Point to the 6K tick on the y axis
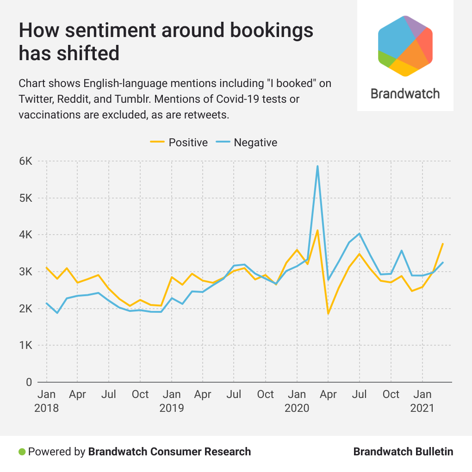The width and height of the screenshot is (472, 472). click(26, 161)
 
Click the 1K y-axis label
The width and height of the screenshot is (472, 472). click(26, 345)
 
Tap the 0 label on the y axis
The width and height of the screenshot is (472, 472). click(29, 382)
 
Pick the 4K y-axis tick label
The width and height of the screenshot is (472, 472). click(26, 235)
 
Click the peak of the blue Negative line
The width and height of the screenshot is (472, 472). click(317, 166)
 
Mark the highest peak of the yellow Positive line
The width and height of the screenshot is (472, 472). click(317, 230)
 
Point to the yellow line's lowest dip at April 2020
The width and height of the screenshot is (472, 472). click(328, 314)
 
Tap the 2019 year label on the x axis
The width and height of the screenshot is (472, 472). click(172, 408)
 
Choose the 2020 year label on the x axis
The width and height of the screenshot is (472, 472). click(297, 408)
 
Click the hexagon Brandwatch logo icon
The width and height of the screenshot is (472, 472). click(405, 45)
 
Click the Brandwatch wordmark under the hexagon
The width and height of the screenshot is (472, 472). click(405, 94)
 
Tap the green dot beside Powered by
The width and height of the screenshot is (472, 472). click(22, 452)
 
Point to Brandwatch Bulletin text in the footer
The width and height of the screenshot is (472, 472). click(403, 452)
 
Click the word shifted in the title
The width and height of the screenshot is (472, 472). click(91, 54)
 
